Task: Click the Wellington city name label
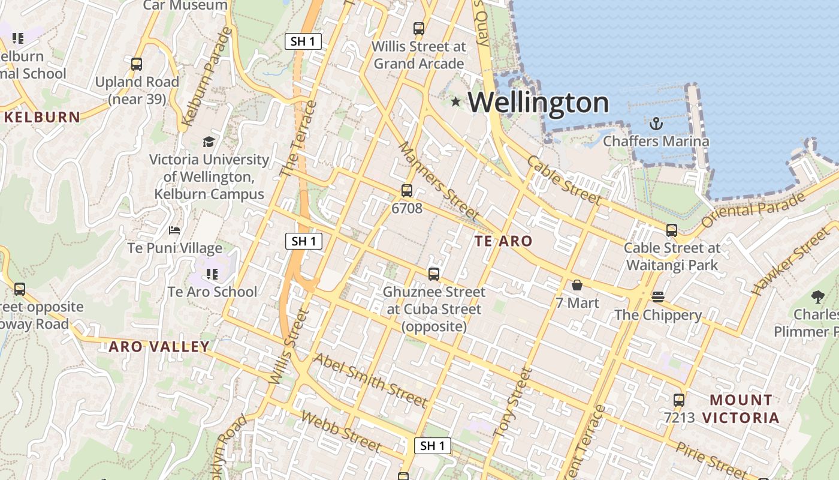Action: pyautogui.click(x=538, y=103)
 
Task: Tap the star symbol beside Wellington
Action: pyautogui.click(x=455, y=101)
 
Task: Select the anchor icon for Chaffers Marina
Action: pyautogui.click(x=656, y=124)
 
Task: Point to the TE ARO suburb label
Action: pyautogui.click(x=503, y=241)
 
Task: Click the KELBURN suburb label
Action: pyautogui.click(x=42, y=117)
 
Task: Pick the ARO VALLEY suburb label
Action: pyautogui.click(x=159, y=346)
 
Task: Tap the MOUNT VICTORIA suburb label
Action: pyautogui.click(x=741, y=409)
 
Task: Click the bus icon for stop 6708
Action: pyautogui.click(x=407, y=191)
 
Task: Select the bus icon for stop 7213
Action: pyautogui.click(x=679, y=400)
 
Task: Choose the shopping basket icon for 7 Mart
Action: pyautogui.click(x=577, y=285)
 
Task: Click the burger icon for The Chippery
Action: pyautogui.click(x=658, y=297)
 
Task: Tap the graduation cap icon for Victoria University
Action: pyautogui.click(x=209, y=142)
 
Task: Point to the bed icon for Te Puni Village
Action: pyautogui.click(x=174, y=230)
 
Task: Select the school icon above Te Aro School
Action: pyautogui.click(x=212, y=274)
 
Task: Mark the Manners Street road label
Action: pyautogui.click(x=439, y=181)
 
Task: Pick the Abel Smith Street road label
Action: pyautogui.click(x=370, y=380)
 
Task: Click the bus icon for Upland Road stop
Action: pyautogui.click(x=137, y=64)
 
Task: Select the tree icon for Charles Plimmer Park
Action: pyautogui.click(x=817, y=296)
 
